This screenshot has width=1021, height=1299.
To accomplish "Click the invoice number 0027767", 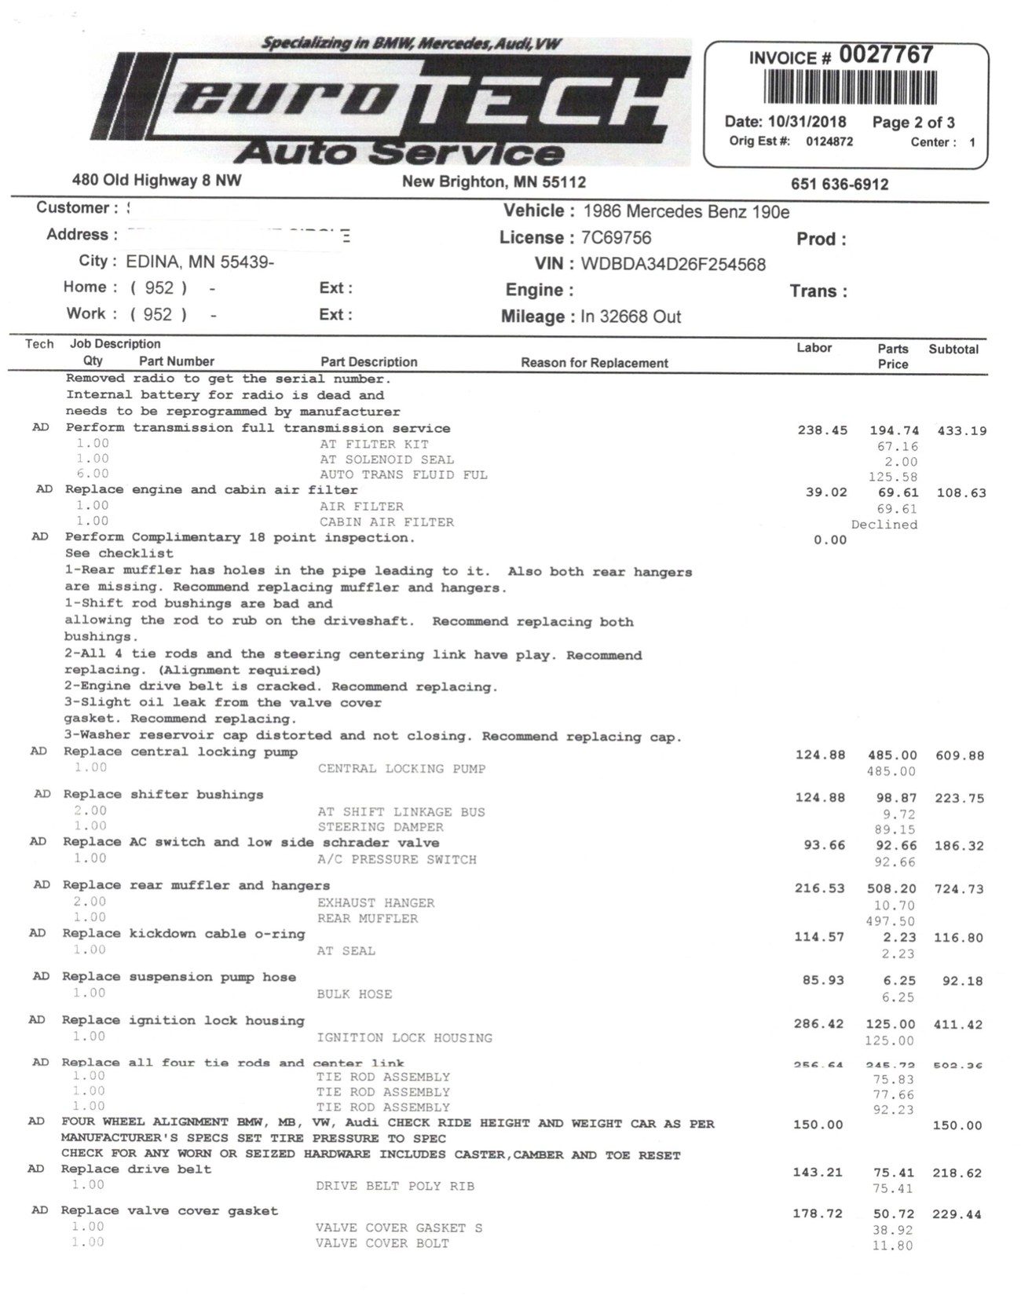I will tap(886, 55).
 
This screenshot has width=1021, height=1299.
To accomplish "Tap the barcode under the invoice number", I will tap(851, 87).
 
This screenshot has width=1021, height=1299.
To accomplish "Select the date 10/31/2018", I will tap(807, 122).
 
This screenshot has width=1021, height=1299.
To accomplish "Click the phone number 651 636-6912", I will tap(840, 185).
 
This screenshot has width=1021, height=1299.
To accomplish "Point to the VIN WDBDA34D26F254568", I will tap(673, 265).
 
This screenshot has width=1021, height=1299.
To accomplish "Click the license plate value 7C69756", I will tap(616, 238).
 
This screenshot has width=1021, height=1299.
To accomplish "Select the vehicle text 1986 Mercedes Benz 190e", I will tap(686, 212).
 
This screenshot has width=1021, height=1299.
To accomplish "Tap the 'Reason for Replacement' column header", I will tap(595, 363).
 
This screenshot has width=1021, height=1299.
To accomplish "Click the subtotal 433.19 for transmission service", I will tap(961, 431).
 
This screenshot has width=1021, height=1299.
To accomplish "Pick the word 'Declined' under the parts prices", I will tap(884, 525).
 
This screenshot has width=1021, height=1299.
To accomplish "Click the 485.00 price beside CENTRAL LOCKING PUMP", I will tap(891, 771).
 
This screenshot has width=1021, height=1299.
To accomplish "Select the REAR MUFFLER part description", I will tap(368, 918).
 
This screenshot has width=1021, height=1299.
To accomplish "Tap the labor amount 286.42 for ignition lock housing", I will tap(818, 1024).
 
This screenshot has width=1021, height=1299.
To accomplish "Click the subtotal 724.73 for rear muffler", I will tap(958, 889).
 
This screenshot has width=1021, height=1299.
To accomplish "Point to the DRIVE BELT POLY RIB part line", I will tap(395, 1186).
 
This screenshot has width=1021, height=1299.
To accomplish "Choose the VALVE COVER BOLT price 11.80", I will tap(893, 1246).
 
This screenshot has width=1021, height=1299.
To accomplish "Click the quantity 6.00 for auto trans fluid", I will tap(93, 474).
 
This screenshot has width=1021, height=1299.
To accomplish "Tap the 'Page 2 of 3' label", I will tap(913, 123).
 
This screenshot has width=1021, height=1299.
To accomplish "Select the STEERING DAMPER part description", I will tap(380, 827).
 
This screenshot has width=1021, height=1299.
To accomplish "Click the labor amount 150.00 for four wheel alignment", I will tap(818, 1125).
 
